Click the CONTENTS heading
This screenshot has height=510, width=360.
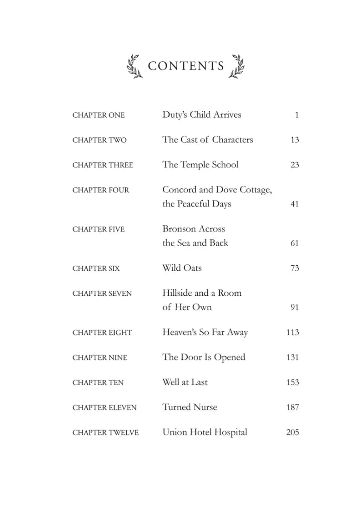[186, 66]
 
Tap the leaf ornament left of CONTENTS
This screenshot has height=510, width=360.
[135, 66]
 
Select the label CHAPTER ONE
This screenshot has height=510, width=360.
[98, 115]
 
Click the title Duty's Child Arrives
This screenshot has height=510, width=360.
[202, 115]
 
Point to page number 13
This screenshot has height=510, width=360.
[295, 140]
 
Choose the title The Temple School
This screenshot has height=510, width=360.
[200, 165]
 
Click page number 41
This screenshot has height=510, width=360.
[295, 204]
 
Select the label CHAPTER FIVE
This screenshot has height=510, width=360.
[98, 229]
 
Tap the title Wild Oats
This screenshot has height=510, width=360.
[182, 268]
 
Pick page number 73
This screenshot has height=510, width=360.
[295, 268]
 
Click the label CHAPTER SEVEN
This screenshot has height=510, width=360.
[102, 293]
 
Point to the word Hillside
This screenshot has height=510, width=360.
[179, 293]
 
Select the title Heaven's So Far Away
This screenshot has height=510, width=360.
[205, 332]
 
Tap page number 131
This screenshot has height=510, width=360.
[293, 357]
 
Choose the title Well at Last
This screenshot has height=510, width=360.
[185, 382]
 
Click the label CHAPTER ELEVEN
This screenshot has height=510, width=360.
[104, 408]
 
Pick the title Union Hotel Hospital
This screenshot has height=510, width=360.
[205, 433]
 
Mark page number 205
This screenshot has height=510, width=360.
[293, 433]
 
